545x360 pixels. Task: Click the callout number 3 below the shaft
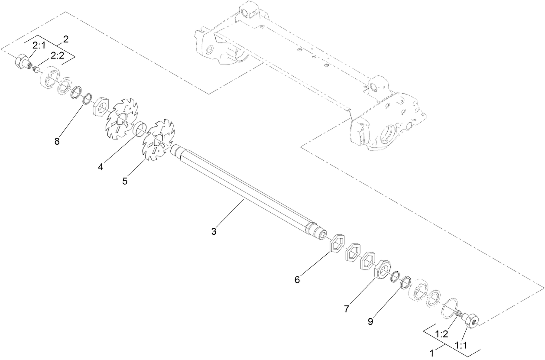(x=214, y=231)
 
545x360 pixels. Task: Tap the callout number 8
(x=57, y=141)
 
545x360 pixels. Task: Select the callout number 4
(x=101, y=166)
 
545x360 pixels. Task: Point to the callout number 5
(x=125, y=181)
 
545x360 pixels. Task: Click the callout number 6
(x=297, y=279)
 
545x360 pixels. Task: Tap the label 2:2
(x=58, y=55)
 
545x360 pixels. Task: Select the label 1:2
(x=441, y=334)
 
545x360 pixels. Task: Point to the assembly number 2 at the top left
(x=66, y=39)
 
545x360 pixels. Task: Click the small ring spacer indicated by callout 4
(x=139, y=129)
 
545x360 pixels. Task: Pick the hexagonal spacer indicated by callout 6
(x=338, y=244)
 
